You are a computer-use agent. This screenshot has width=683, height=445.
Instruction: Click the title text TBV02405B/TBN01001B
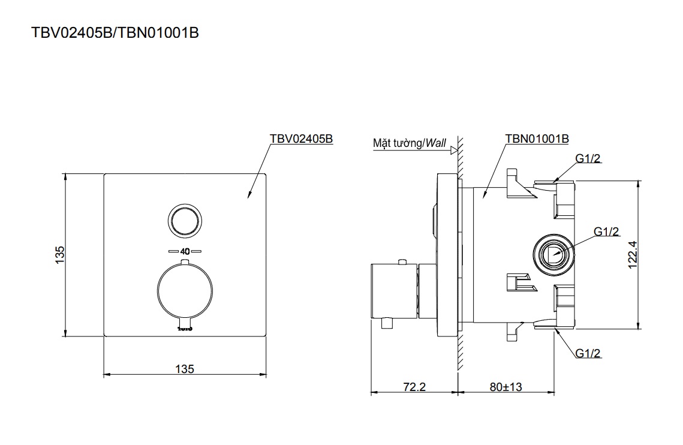pos(115,33)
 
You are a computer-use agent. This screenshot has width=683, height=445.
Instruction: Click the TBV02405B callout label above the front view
pos(302,139)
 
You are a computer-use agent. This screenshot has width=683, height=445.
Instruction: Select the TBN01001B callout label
pos(537,139)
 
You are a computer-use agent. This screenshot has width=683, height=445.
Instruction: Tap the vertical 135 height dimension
pos(60,254)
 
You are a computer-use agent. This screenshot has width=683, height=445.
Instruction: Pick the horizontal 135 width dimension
pos(185,369)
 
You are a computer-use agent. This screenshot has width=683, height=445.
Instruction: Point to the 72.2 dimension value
pos(414,386)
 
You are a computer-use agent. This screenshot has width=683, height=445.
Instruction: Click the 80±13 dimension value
pos(506,386)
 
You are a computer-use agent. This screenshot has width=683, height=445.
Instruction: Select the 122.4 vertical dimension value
pos(633,255)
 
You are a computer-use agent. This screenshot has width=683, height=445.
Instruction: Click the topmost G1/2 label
pos(588,159)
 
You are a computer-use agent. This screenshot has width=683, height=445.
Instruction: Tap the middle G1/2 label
pos(606,231)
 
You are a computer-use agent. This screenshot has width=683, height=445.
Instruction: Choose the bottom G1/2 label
pos(588,353)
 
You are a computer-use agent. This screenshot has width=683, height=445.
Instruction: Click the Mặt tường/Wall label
pos(410,143)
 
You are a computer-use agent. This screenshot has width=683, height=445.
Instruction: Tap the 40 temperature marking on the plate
pos(185,251)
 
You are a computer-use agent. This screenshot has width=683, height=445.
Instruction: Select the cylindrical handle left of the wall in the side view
pos(394,291)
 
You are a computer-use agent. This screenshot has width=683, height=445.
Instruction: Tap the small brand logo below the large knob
pos(185,328)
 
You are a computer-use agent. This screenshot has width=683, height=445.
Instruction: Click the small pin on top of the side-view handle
pos(402,261)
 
